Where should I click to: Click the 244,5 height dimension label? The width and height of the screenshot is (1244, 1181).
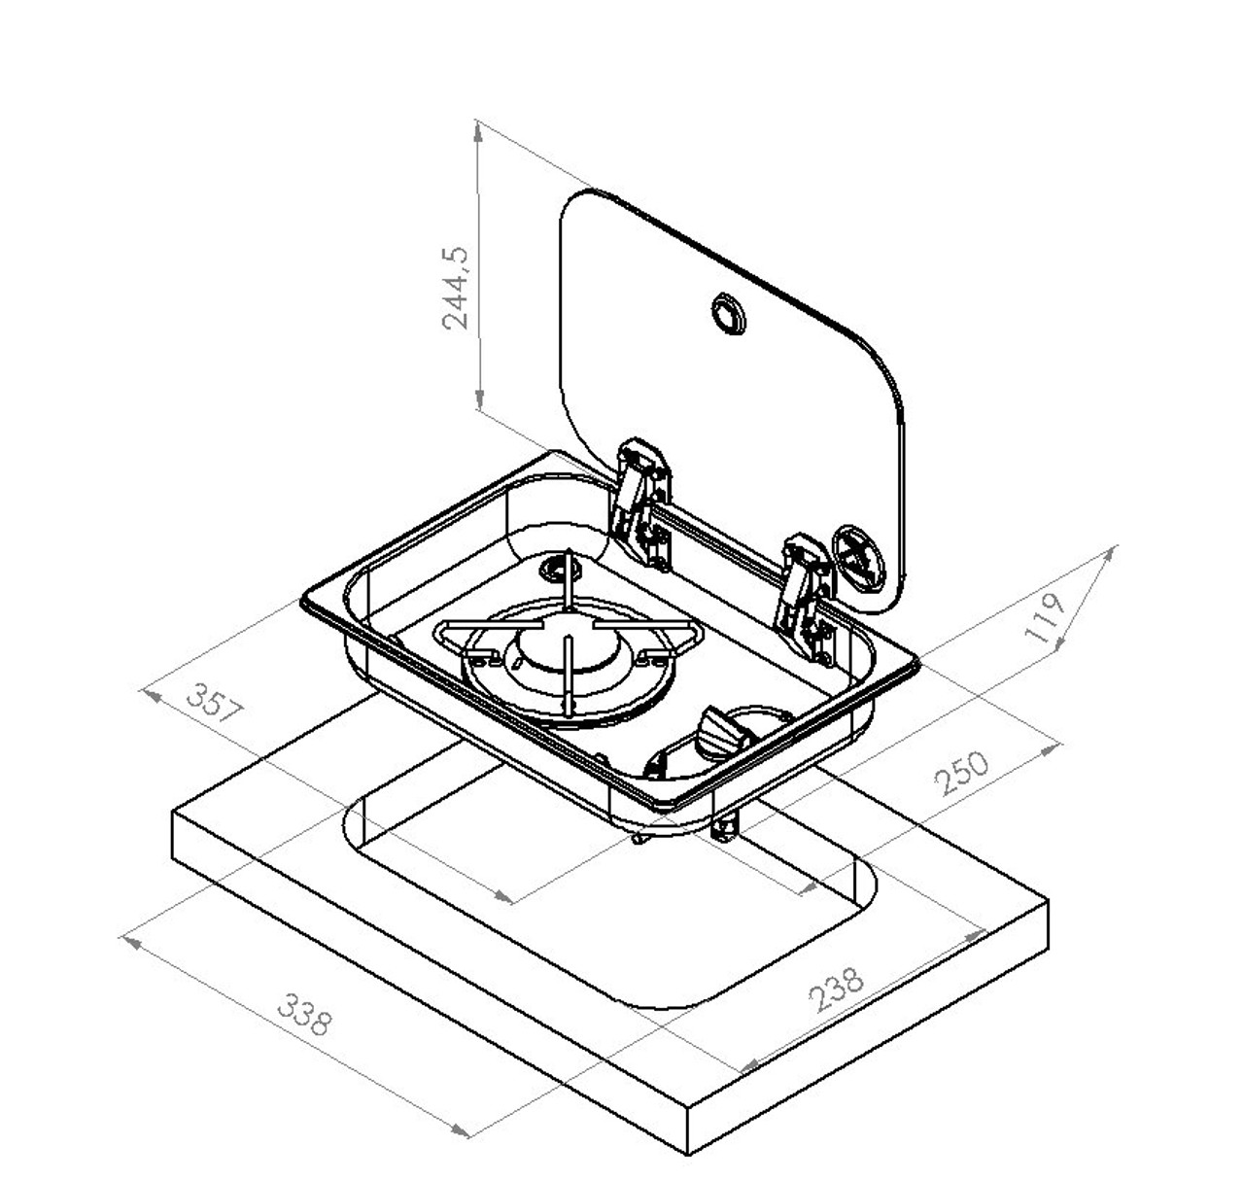pyautogui.click(x=456, y=288)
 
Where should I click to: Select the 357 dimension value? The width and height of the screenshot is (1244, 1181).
pyautogui.click(x=213, y=703)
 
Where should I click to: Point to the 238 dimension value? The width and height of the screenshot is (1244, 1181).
pyautogui.click(x=835, y=989)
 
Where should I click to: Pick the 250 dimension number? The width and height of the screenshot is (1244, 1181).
pyautogui.click(x=961, y=773)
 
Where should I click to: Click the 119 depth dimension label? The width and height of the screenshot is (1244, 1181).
pyautogui.click(x=1046, y=618)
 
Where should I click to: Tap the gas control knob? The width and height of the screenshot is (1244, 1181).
pyautogui.click(x=718, y=729)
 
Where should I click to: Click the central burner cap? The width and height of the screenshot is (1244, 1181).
pyautogui.click(x=566, y=648)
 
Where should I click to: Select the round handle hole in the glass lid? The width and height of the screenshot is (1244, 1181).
pyautogui.click(x=726, y=313)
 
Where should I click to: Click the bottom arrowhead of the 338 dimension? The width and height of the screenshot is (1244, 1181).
pyautogui.click(x=463, y=1131)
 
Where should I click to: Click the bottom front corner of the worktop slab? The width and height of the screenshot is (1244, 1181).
pyautogui.click(x=688, y=1155)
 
